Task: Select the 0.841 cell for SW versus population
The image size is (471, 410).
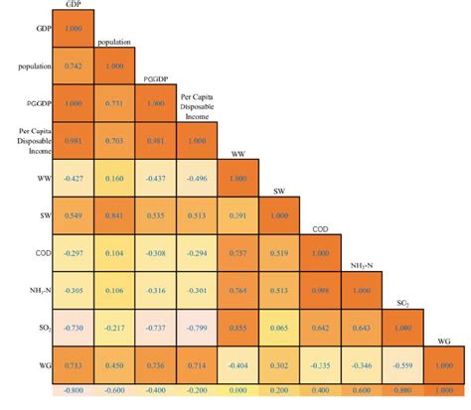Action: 115,214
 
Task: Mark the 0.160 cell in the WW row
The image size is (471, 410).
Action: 115,177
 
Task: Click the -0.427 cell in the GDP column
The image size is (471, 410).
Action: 74,177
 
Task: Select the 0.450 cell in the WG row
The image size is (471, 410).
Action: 115,364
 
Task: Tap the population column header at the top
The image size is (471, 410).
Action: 115,43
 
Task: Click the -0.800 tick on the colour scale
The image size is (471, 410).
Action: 74,390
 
